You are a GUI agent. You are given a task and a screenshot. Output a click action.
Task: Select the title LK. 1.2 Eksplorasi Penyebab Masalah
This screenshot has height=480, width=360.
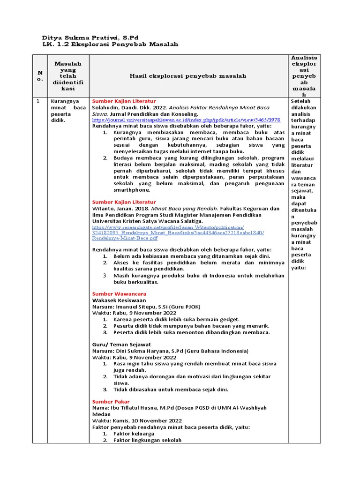coord(110,44)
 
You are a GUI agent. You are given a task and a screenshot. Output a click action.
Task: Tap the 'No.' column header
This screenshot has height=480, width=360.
coord(40,75)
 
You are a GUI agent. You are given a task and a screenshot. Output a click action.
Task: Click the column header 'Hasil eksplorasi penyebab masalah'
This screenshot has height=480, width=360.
coord(188,75)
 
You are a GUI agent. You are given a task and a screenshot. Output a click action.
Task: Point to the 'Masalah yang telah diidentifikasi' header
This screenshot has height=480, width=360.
coord(67,75)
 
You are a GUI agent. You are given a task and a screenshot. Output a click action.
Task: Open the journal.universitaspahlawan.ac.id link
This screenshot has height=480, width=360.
coord(186,120)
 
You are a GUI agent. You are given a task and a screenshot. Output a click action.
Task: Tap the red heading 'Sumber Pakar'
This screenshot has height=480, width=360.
coord(111,402)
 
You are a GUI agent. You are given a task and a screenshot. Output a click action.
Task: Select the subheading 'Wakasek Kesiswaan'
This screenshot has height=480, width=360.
coord(119,300)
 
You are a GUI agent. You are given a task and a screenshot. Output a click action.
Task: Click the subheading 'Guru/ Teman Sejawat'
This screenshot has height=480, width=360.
coord(120,345)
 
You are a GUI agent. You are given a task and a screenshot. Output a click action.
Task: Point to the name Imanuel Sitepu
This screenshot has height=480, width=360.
coord(141,307)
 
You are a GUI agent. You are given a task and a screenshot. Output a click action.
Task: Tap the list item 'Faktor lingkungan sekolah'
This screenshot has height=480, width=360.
coord(147,440)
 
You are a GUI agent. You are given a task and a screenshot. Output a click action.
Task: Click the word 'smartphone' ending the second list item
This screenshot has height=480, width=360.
coord(132,190)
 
